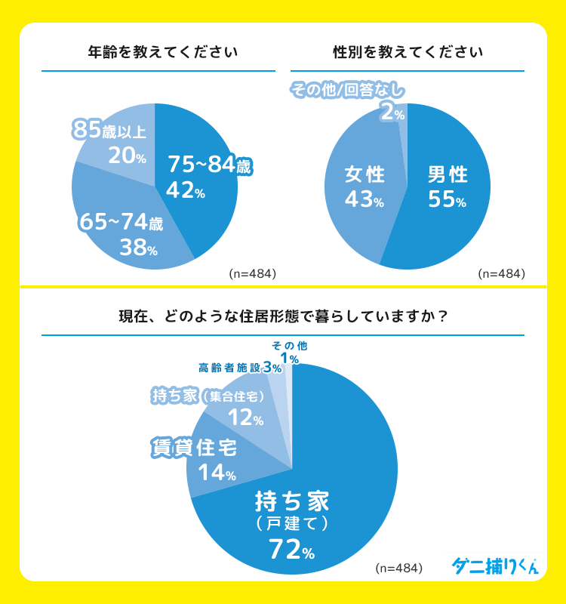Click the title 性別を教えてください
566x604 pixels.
click(408, 53)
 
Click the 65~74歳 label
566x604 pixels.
click(121, 223)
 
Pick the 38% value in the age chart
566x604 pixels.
click(137, 247)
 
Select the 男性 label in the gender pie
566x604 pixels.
click(448, 175)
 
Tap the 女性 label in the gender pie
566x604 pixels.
click(365, 175)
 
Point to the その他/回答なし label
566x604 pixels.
click(348, 91)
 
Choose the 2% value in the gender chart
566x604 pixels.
click(392, 113)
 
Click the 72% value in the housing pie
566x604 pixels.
click(291, 550)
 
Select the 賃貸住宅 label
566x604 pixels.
click(195, 448)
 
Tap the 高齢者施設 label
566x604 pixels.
click(229, 368)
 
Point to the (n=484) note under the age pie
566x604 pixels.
click(252, 273)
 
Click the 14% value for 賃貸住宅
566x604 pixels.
click(217, 473)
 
